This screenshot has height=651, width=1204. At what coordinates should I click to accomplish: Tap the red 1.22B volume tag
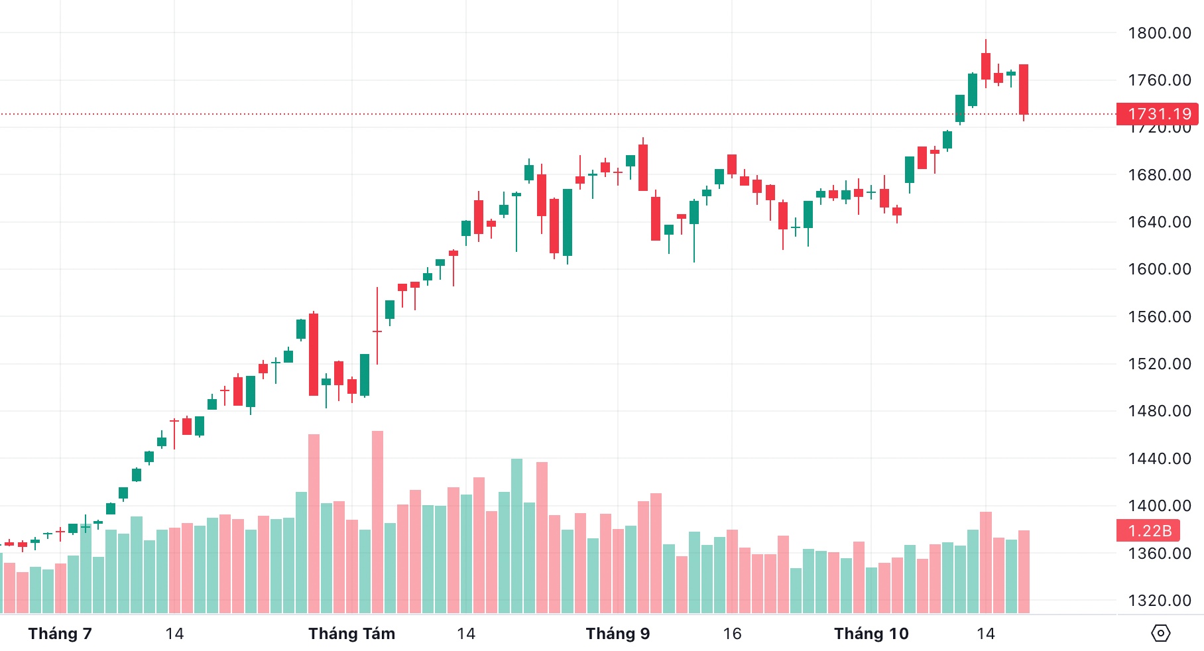pyautogui.click(x=1149, y=531)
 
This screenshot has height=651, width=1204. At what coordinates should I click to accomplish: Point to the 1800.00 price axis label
pyautogui.click(x=1159, y=33)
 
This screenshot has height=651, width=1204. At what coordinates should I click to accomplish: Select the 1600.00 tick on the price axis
pyautogui.click(x=1159, y=269)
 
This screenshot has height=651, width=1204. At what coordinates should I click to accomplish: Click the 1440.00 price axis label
pyautogui.click(x=1159, y=459)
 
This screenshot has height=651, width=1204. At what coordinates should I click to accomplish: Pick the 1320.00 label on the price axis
pyautogui.click(x=1159, y=601)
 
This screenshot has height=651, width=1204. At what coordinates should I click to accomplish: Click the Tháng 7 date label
pyautogui.click(x=60, y=634)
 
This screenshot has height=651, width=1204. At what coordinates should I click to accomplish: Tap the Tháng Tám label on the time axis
pyautogui.click(x=351, y=634)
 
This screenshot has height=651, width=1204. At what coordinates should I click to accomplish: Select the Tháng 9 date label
pyautogui.click(x=617, y=634)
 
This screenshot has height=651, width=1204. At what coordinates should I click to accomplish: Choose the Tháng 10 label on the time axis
pyautogui.click(x=871, y=634)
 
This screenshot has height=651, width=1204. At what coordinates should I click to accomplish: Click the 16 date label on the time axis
pyautogui.click(x=732, y=634)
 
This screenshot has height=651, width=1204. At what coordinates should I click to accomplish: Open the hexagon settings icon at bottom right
pyautogui.click(x=1160, y=633)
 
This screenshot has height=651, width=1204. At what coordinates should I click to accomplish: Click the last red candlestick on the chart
pyautogui.click(x=1024, y=89)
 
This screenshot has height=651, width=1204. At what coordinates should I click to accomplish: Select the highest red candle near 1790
pyautogui.click(x=986, y=66)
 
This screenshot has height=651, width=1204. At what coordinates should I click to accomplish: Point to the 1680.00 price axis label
pyautogui.click(x=1159, y=175)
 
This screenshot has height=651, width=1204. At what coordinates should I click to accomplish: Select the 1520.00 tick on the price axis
pyautogui.click(x=1159, y=364)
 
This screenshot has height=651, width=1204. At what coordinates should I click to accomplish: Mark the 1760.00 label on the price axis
pyautogui.click(x=1159, y=80)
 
